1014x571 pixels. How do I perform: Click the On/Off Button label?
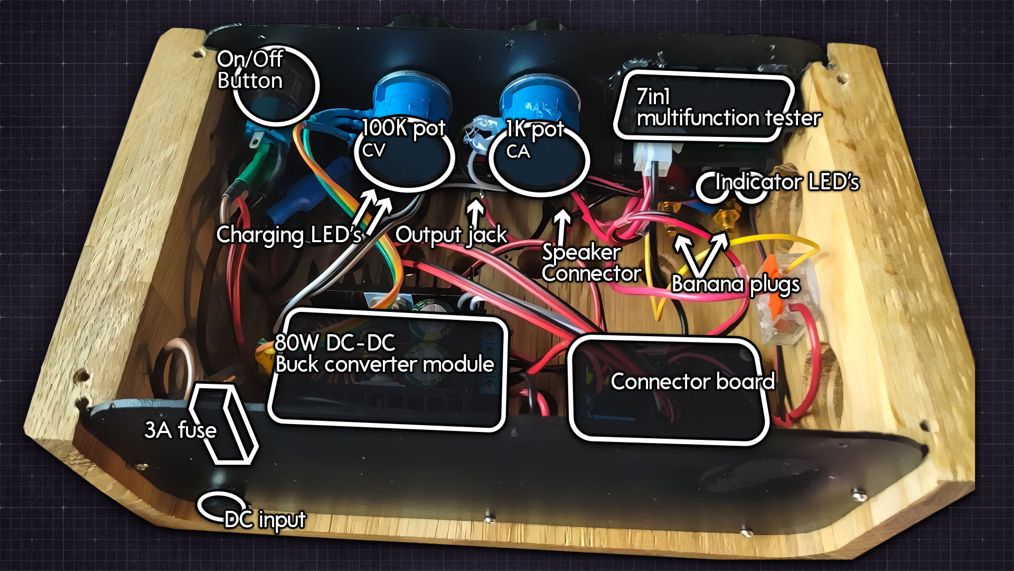tap(250, 70)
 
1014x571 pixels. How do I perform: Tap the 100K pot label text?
tap(403, 128)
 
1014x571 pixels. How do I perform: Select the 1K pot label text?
tap(535, 129)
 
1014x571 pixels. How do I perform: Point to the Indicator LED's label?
tap(787, 182)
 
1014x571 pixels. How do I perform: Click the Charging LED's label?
tap(288, 235)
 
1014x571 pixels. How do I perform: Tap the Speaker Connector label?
tap(590, 263)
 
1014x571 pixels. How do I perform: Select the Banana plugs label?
tap(735, 284)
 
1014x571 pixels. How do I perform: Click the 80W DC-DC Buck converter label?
tap(384, 354)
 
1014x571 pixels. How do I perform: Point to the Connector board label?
tap(692, 382)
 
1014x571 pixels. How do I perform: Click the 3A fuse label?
tap(180, 430)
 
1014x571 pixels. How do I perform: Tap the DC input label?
tap(265, 520)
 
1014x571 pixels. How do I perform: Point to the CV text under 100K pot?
tap(373, 151)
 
